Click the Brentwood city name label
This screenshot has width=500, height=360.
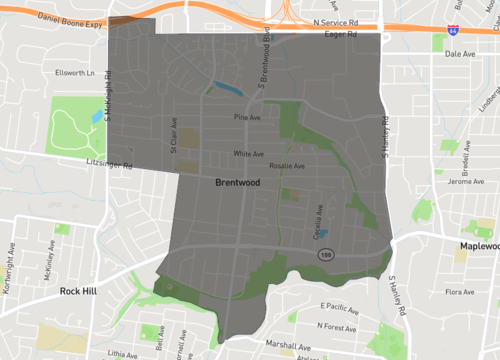click(x=237, y=184)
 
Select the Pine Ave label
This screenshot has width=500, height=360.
click(x=247, y=118)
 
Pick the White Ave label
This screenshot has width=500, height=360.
click(x=247, y=154)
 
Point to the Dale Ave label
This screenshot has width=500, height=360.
click(x=459, y=55)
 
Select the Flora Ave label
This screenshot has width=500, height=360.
click(x=459, y=293)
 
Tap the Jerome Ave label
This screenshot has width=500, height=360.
click(x=465, y=181)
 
